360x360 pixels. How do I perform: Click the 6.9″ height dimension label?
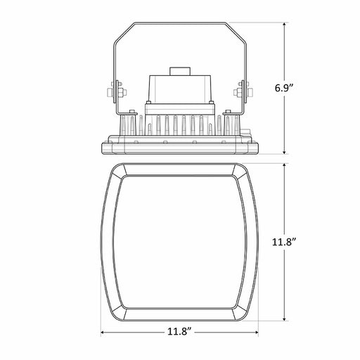284,88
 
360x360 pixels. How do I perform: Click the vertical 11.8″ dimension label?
284,242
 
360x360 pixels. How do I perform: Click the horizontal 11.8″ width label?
179,332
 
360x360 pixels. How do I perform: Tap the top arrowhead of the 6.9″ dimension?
284,25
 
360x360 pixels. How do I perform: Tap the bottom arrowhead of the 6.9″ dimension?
284,152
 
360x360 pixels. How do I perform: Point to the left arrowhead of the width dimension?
103,332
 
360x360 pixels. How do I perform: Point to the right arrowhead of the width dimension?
256,332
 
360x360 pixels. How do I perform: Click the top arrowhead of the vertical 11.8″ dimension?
284,166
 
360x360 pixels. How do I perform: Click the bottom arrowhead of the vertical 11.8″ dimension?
284,319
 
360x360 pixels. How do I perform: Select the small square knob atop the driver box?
180,71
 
